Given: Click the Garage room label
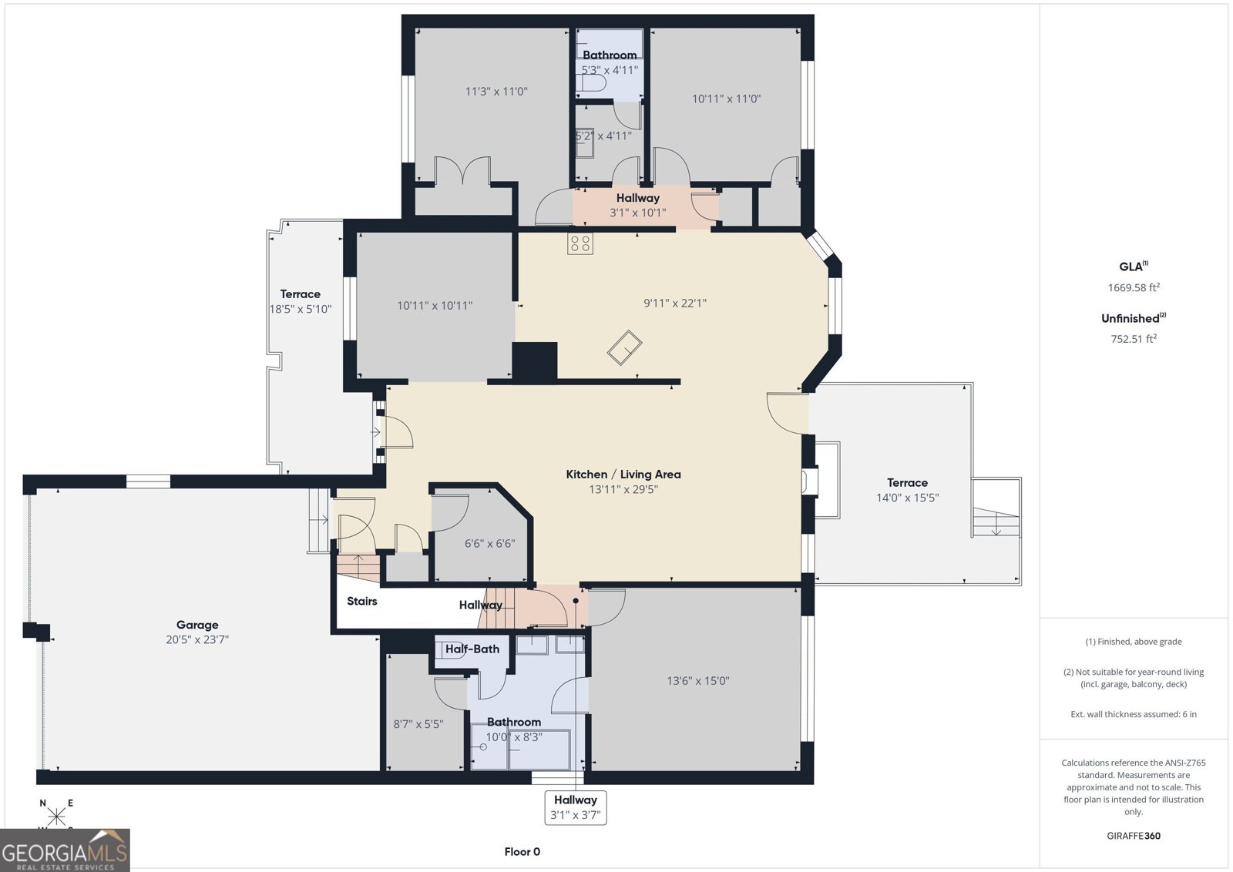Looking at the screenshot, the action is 197,625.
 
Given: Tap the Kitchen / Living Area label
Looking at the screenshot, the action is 623,475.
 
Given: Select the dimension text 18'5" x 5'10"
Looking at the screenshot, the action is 300,309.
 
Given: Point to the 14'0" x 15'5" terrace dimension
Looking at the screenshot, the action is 907,498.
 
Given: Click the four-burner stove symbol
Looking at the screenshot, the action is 580,243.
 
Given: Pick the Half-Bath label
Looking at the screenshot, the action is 472,649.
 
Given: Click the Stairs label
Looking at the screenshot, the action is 361,602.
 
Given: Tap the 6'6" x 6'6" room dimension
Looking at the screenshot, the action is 489,544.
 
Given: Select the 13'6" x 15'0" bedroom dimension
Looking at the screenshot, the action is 698,681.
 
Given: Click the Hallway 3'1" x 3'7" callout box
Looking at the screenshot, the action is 575,807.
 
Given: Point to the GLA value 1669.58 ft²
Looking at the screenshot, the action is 1134,287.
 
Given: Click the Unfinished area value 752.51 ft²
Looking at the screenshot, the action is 1134,338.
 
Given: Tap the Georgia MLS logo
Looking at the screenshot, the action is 65,850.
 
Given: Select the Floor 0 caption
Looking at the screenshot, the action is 522,852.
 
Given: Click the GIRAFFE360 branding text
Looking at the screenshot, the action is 1134,836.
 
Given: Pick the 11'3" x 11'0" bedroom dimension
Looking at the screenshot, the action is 496,92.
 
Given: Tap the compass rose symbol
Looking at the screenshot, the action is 55,816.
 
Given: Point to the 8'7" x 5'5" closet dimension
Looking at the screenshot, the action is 418,724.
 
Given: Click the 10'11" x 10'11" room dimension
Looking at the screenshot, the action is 435,305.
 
